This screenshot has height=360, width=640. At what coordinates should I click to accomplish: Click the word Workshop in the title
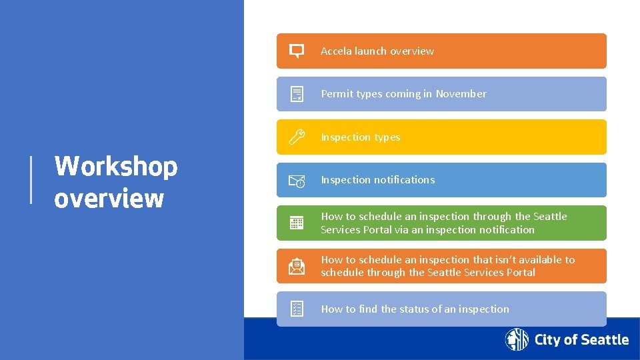[116, 166]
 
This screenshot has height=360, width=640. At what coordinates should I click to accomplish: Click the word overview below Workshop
[109, 198]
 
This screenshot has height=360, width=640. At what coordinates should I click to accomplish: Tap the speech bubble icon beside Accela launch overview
[297, 51]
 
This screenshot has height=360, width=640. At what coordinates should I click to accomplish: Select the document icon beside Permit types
[297, 94]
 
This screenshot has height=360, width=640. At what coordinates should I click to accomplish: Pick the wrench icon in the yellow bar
[297, 137]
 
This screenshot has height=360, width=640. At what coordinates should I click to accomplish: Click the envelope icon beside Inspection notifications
[297, 180]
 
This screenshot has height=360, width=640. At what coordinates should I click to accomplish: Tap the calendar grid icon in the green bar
[297, 223]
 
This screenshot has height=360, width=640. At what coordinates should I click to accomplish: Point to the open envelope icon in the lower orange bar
[297, 266]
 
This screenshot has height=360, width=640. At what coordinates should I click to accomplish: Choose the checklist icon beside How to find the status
[297, 309]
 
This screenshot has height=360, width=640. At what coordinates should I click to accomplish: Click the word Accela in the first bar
[336, 51]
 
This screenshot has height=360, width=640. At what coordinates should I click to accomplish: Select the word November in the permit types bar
[461, 94]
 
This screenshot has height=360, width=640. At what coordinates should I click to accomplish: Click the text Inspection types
[361, 137]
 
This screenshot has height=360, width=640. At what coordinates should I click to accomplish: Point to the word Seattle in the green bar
[549, 217]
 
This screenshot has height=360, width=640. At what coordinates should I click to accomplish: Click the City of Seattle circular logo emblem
[517, 340]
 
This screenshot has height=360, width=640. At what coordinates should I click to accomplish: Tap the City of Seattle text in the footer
[581, 340]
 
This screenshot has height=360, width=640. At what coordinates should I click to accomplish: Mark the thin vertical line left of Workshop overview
[31, 179]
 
